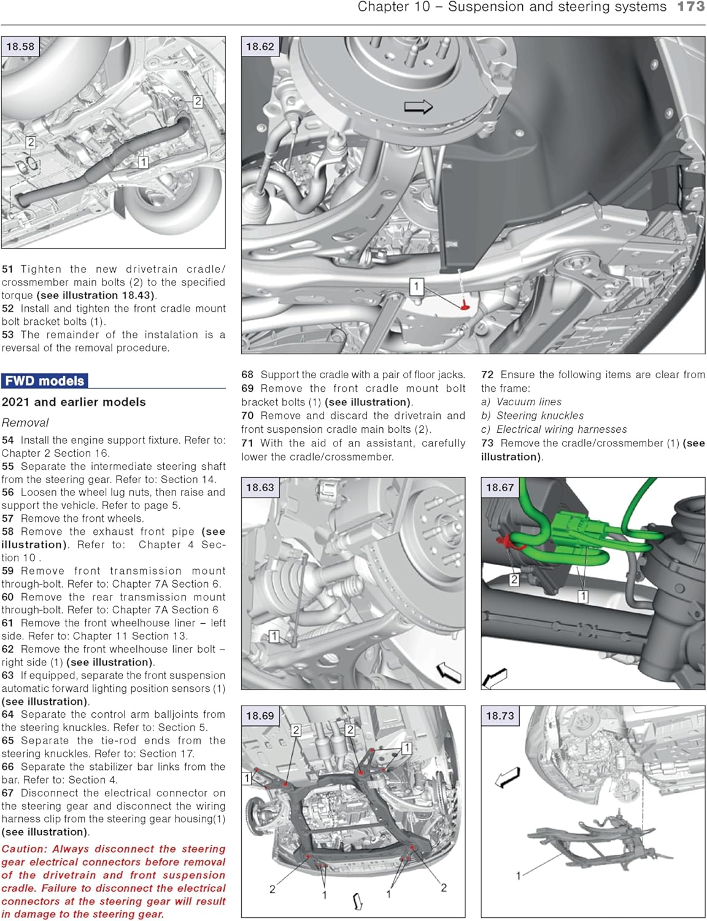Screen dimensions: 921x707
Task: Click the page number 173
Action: (x=690, y=7)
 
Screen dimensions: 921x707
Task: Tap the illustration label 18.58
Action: (x=20, y=47)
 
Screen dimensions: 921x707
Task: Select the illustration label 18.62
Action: (x=260, y=47)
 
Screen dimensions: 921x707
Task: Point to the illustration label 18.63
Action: (x=260, y=488)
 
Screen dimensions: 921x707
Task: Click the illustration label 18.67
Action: (x=500, y=488)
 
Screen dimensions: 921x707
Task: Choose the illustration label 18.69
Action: (x=260, y=716)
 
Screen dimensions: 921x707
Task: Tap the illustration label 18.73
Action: (x=500, y=716)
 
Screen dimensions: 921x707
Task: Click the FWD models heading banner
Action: (x=45, y=381)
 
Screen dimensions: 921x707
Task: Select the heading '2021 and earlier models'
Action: (x=74, y=402)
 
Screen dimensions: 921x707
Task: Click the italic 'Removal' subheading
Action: (x=25, y=422)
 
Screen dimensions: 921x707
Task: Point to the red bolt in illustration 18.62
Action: (x=465, y=305)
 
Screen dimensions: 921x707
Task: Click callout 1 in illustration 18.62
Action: (x=417, y=286)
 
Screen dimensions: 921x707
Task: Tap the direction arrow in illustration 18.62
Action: (x=418, y=107)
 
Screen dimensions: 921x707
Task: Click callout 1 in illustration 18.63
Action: (x=274, y=636)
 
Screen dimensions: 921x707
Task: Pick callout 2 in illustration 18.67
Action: (x=514, y=579)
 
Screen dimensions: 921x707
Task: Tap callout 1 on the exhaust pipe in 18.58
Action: (x=142, y=162)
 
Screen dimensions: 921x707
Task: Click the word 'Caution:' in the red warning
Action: (x=24, y=849)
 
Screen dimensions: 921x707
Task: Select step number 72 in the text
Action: (x=487, y=375)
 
